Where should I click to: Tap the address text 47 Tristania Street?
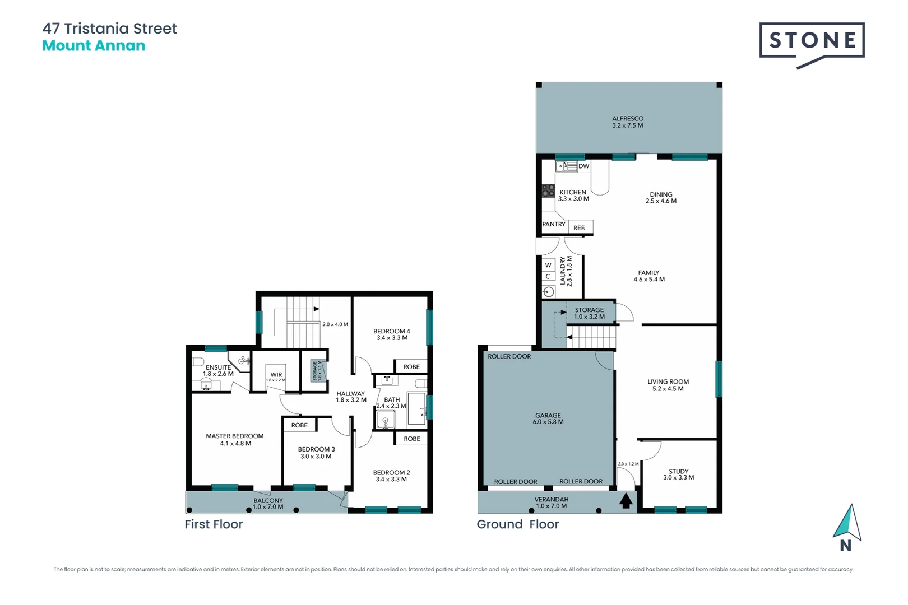[x=110, y=29]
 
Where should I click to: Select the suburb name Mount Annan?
[x=94, y=46]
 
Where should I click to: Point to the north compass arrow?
[x=847, y=524]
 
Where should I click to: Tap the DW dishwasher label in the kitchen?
[x=583, y=166]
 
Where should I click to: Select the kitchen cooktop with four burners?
[x=548, y=191]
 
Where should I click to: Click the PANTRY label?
[x=554, y=224]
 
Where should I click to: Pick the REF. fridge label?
[x=580, y=228]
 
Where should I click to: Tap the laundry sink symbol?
[x=549, y=292]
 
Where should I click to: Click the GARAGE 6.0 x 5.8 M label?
[x=548, y=419]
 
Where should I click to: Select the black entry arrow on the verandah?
[x=626, y=500]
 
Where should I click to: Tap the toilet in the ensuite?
[x=198, y=361]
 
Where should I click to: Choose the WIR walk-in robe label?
[x=276, y=375]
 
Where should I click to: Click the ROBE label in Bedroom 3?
[x=299, y=425]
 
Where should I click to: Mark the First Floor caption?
[x=214, y=524]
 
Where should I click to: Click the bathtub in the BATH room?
[x=416, y=408]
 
